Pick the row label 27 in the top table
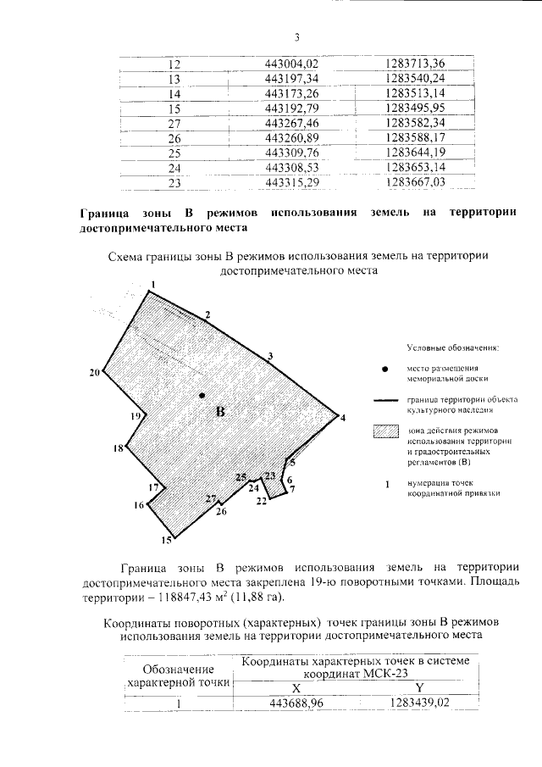point(175,123)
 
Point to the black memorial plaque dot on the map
point(202,396)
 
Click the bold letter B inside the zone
point(220,413)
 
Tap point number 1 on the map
point(153,284)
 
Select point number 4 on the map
point(343,418)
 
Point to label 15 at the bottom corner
point(168,540)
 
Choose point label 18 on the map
point(119,448)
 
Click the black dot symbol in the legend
point(386,370)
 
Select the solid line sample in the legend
point(386,401)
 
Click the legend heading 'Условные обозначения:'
point(453,347)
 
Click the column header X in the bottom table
point(296,687)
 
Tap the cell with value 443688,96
point(296,703)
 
